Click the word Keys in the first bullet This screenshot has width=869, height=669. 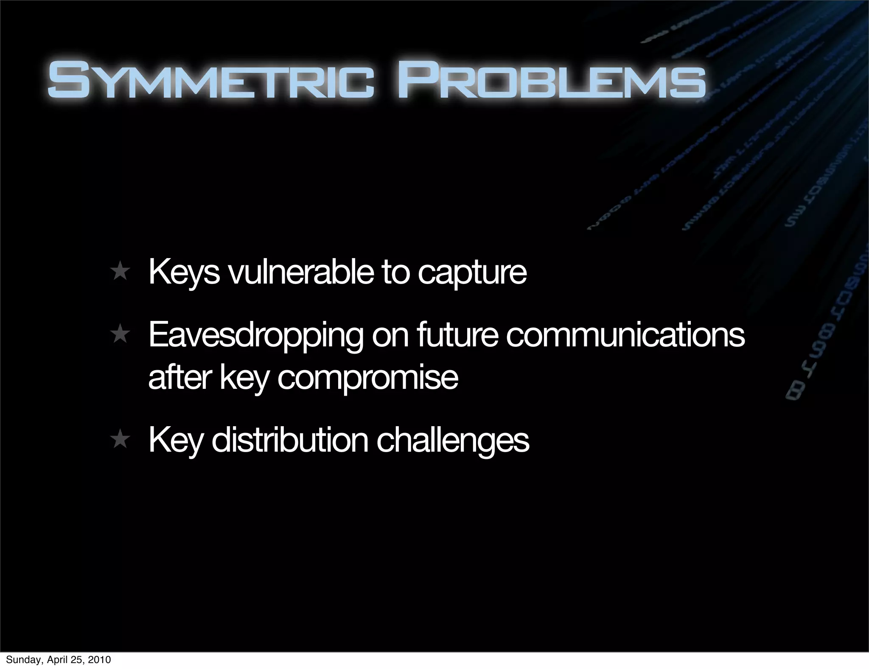[x=184, y=273]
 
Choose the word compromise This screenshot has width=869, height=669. [x=367, y=378]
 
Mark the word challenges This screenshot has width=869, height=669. [x=453, y=441]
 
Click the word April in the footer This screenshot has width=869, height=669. [x=56, y=660]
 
